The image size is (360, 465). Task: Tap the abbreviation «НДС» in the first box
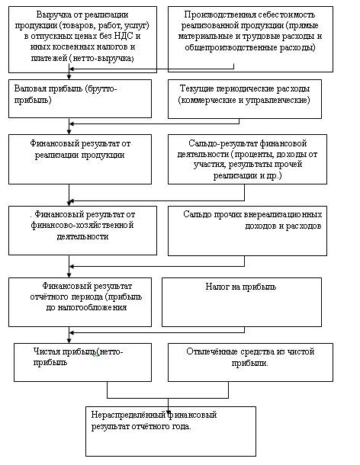(121, 36)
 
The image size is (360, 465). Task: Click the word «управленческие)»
(278, 100)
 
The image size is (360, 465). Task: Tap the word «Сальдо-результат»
(223, 144)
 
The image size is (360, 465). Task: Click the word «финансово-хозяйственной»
(82, 225)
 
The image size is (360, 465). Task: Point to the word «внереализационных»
(283, 214)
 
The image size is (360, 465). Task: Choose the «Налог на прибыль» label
(241, 287)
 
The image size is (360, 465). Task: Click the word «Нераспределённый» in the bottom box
(128, 415)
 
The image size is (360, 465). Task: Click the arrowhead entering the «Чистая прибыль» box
(69, 341)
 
